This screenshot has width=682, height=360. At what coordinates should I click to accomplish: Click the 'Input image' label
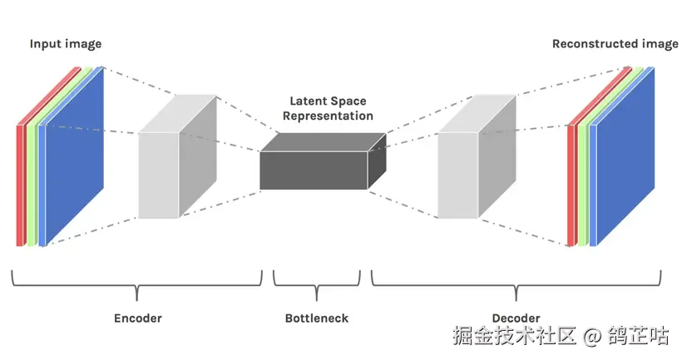65,43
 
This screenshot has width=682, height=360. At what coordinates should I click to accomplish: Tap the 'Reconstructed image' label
615,43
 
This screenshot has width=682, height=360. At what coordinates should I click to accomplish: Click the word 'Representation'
328,116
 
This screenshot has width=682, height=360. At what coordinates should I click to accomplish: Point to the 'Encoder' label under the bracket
137,318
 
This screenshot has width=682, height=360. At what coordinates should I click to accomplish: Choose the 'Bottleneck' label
317,318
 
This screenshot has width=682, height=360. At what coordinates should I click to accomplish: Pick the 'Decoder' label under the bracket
516,318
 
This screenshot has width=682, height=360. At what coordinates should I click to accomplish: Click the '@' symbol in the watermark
591,336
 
